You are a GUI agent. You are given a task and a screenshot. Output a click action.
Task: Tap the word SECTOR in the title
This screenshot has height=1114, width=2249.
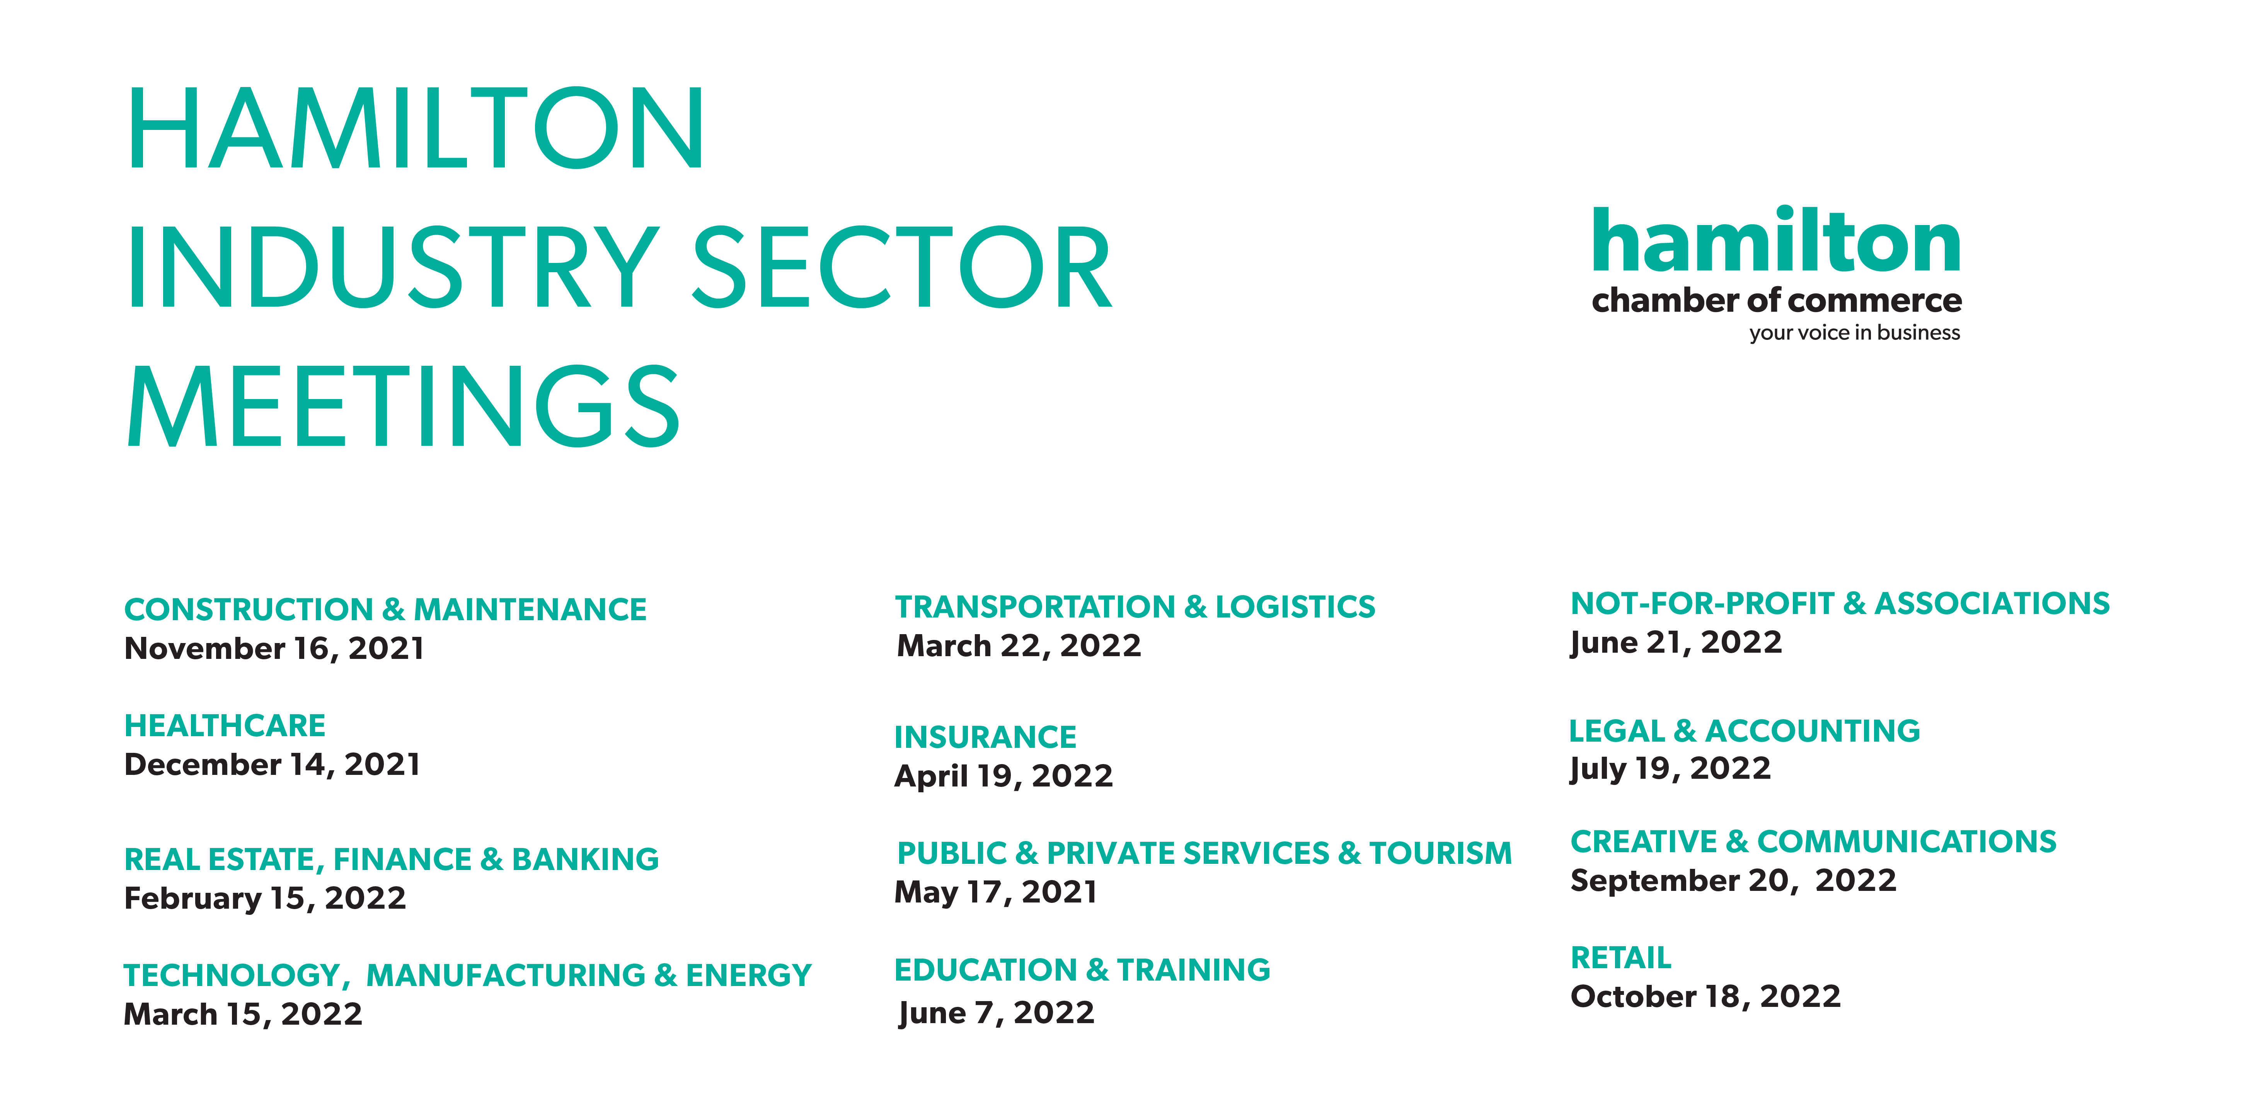click(x=902, y=268)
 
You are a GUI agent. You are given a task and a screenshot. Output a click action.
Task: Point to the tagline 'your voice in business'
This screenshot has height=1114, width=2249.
click(x=1854, y=333)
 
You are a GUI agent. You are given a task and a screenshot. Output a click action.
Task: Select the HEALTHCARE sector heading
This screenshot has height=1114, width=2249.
click(x=224, y=725)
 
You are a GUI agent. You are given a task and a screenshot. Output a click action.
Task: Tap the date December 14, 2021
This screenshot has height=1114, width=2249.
click(x=273, y=765)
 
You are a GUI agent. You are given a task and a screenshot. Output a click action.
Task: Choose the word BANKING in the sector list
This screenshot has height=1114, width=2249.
click(x=585, y=859)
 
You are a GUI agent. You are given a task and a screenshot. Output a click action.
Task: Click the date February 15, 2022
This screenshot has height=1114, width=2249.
click(x=264, y=898)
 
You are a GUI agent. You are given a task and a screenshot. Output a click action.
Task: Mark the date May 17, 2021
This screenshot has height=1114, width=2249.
click(x=996, y=892)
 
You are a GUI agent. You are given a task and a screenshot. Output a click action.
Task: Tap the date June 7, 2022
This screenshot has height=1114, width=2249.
click(x=996, y=1013)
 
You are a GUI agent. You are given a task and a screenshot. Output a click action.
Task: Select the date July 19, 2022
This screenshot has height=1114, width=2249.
click(x=1670, y=768)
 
